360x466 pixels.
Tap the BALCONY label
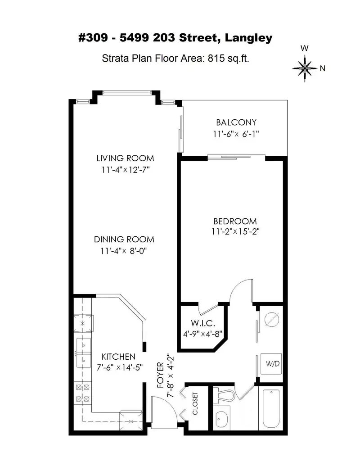click(236, 122)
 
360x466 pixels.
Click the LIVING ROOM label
click(125, 158)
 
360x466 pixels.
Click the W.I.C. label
click(199, 323)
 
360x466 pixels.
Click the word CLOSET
click(196, 404)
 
